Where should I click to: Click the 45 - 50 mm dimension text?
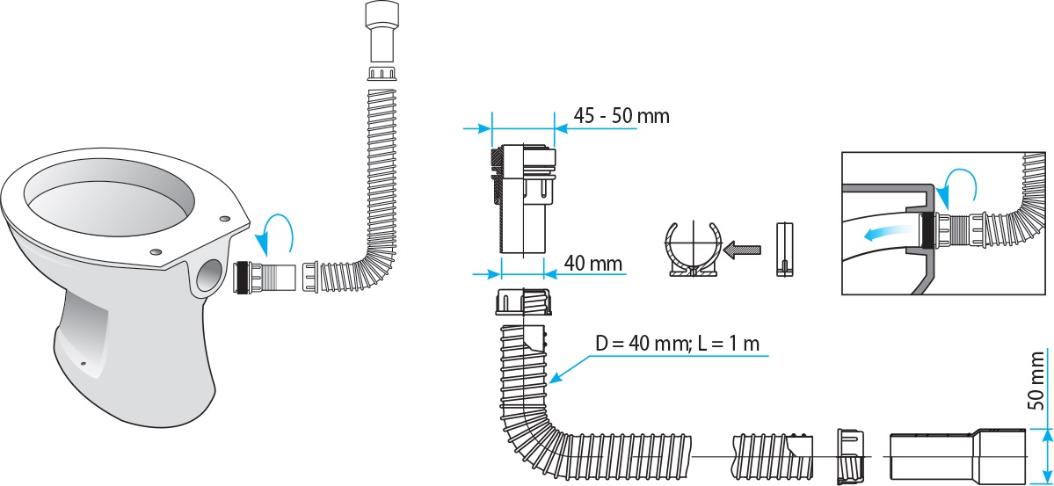pos(621,115)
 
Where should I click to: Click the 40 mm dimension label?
pos(593,262)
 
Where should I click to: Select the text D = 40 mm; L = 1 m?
pos(677,344)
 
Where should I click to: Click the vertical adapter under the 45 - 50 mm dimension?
pos(524,198)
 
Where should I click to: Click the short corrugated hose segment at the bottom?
pos(771,455)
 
